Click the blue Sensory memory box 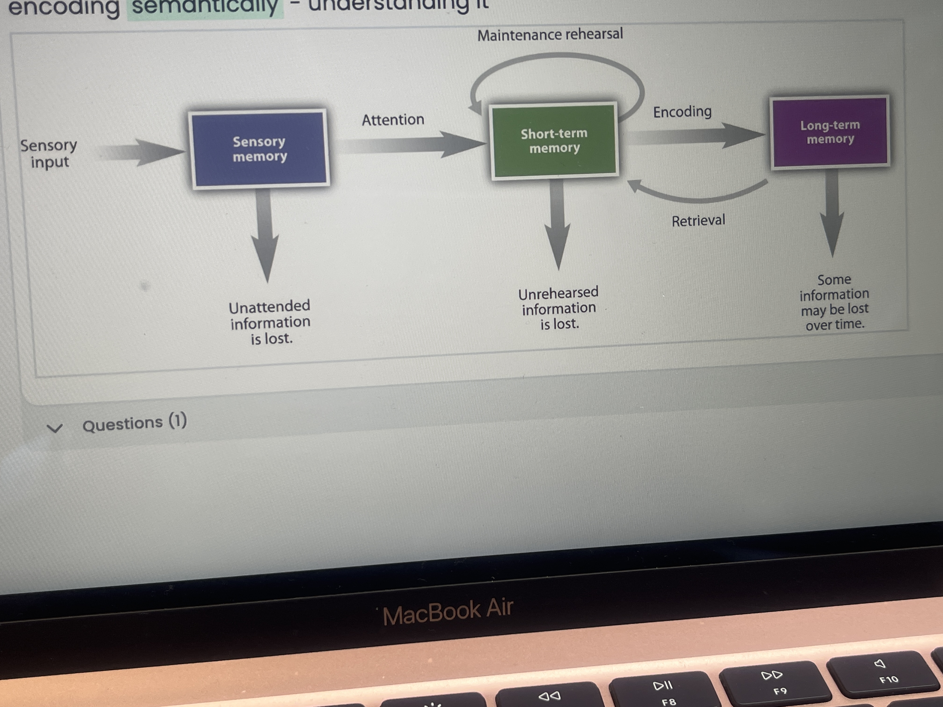(259, 148)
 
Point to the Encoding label (682, 112)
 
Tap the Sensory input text (49, 153)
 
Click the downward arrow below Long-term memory (832, 213)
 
